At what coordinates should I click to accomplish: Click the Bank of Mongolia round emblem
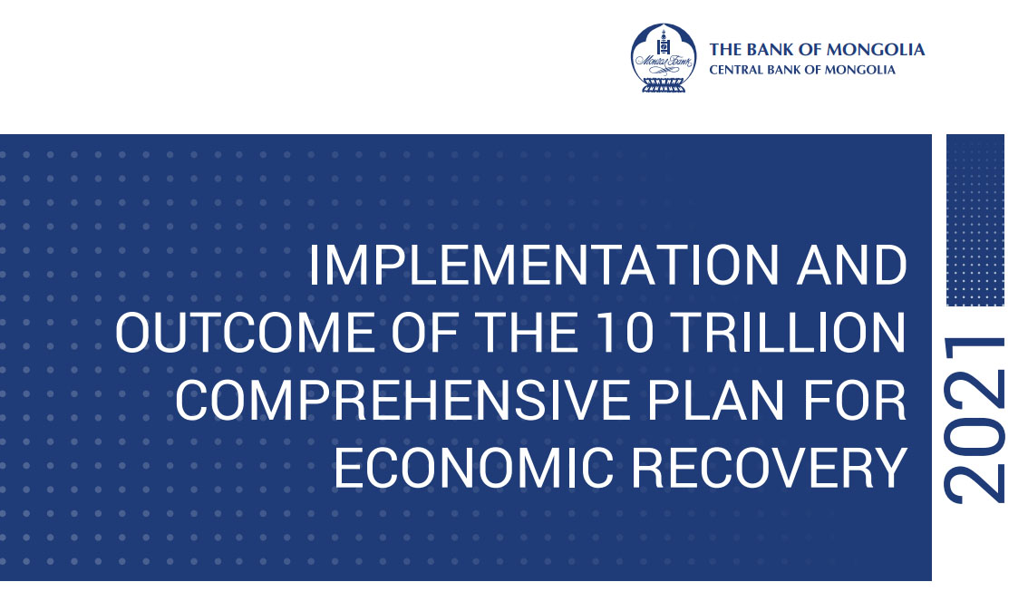[664, 58]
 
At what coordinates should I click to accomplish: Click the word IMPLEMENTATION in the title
[544, 267]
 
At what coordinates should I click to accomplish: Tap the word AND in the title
[852, 267]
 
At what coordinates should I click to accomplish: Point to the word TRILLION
[790, 333]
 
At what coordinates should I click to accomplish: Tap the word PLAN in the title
[716, 401]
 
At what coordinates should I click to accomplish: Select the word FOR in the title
[855, 401]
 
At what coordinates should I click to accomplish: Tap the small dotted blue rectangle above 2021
[975, 220]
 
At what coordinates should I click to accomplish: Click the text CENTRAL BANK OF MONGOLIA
[801, 70]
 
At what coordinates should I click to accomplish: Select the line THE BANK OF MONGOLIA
[817, 50]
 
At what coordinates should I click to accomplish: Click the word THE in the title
[526, 333]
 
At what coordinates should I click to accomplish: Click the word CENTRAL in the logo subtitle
[733, 70]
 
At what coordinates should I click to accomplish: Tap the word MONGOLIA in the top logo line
[875, 50]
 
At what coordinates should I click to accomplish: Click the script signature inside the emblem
[664, 63]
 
